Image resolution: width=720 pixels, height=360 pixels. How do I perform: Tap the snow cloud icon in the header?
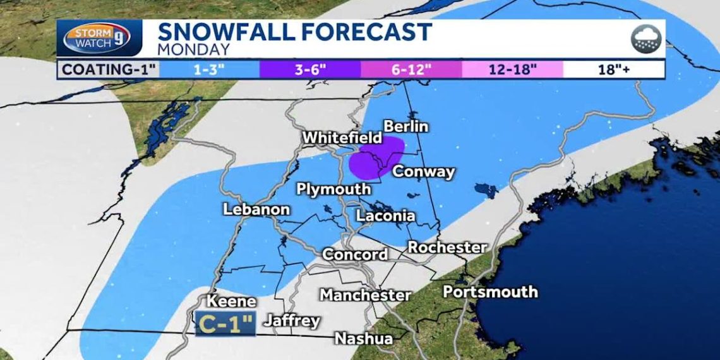click(645, 39)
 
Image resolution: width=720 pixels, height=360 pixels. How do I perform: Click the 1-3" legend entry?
click(209, 69)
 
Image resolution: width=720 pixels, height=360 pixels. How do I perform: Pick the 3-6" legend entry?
click(309, 69)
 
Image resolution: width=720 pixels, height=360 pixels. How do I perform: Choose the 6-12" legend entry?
click(411, 69)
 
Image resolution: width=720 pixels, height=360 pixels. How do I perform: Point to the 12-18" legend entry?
click(512, 69)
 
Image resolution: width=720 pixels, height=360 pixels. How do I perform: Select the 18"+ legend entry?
click(614, 69)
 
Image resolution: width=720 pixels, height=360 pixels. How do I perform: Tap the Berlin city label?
click(405, 126)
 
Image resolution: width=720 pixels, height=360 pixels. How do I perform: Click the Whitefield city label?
click(342, 138)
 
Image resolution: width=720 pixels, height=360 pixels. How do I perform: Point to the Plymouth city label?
click(333, 189)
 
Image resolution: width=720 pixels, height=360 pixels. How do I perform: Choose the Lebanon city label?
click(256, 210)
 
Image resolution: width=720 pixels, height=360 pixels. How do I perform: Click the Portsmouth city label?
click(490, 292)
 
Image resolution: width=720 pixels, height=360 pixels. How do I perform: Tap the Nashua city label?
click(363, 339)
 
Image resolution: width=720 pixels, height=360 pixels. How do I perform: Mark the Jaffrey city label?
click(292, 321)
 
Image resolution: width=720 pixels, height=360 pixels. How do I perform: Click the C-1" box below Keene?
click(225, 323)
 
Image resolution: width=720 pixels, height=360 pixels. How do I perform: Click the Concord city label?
click(355, 255)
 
